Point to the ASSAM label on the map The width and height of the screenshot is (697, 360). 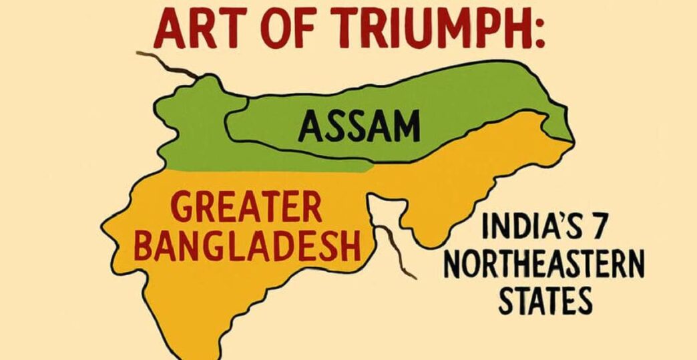coord(359,126)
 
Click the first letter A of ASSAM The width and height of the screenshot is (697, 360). coord(310,126)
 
